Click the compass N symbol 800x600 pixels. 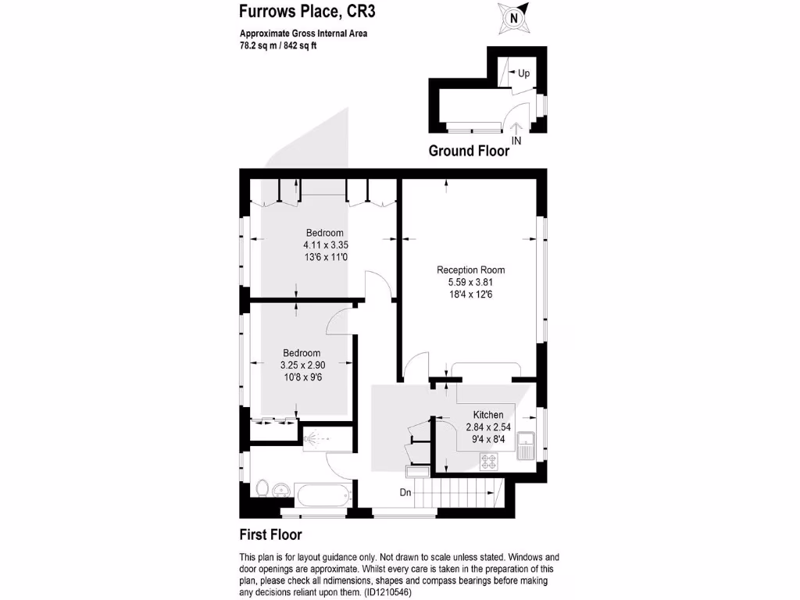click(x=513, y=16)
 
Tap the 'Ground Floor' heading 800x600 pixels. click(x=469, y=151)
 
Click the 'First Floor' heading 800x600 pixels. click(x=270, y=535)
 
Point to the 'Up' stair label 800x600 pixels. click(x=523, y=73)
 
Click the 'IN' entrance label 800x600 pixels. click(x=516, y=141)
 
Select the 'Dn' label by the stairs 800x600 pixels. click(x=405, y=492)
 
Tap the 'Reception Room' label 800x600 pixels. click(x=465, y=270)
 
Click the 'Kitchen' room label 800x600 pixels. click(x=488, y=415)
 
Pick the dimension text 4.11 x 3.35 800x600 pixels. click(x=324, y=245)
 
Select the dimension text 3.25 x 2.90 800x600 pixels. click(x=302, y=365)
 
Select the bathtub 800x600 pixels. click(x=323, y=495)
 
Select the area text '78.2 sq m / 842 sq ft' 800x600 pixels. click(x=277, y=45)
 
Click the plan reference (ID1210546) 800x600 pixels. click(x=387, y=593)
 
